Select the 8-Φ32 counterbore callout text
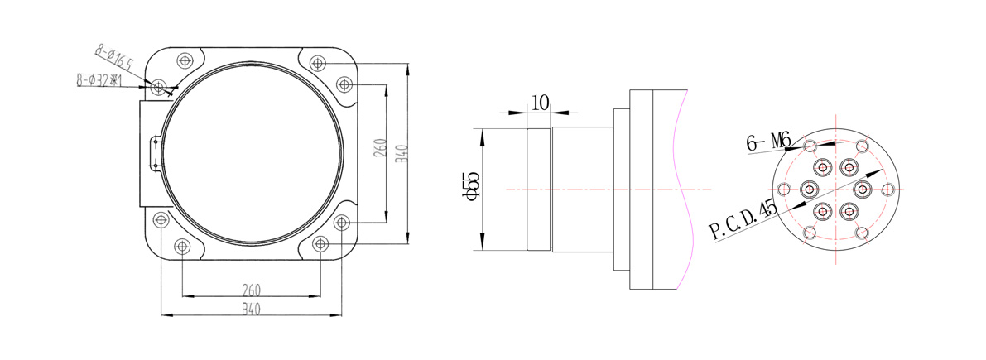98,80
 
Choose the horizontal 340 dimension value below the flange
251,309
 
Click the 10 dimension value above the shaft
541,103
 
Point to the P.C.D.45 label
744,220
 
